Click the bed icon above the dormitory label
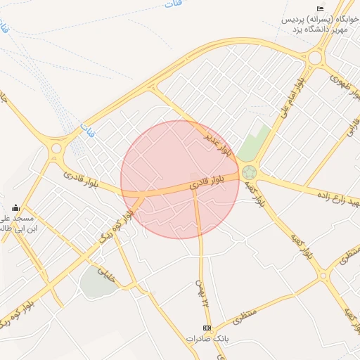click(320, 8)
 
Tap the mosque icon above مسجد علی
click(15, 207)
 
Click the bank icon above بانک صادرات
click(207, 328)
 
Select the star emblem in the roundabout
click(249, 172)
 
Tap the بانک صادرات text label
click(207, 339)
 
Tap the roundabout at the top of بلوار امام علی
click(314, 58)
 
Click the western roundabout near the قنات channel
click(56, 148)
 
